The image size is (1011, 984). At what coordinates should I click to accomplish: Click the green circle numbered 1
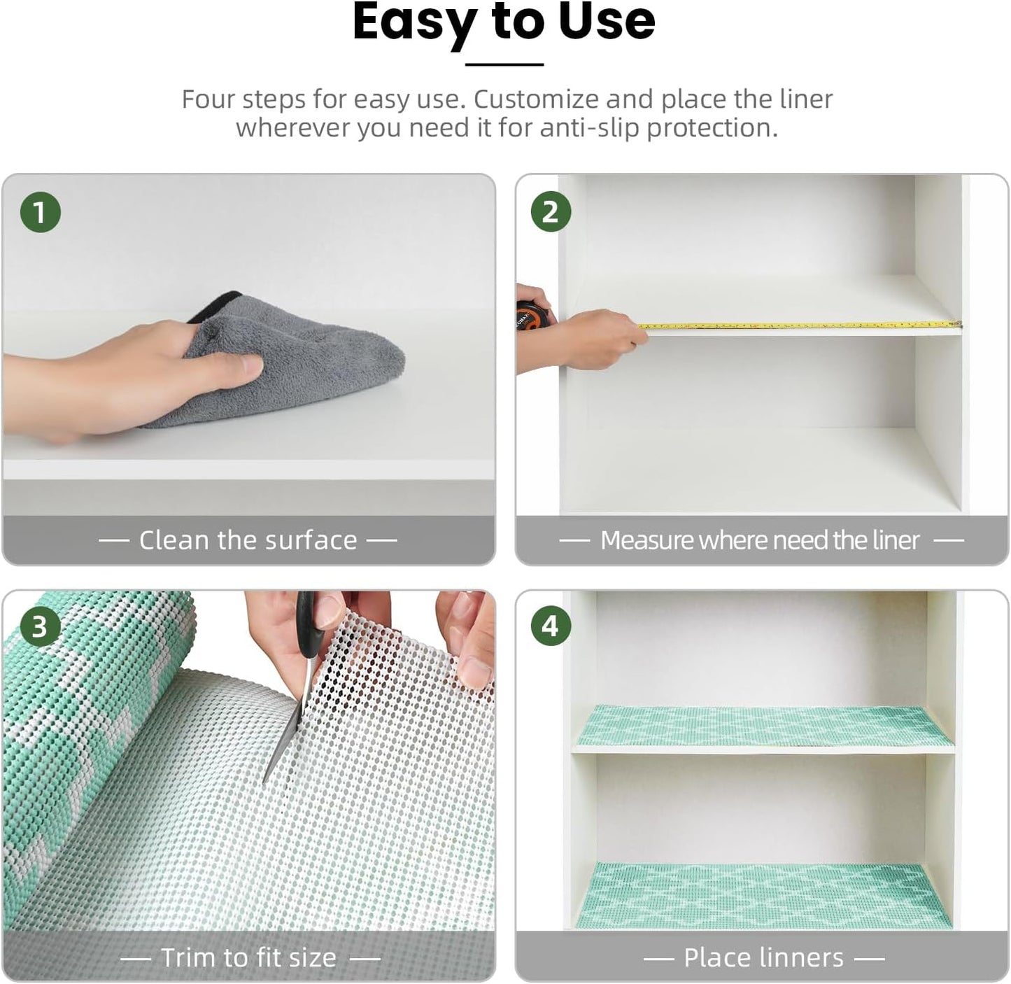[40, 213]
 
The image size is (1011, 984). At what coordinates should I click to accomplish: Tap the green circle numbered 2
[551, 213]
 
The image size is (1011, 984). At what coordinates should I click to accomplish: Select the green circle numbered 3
[40, 626]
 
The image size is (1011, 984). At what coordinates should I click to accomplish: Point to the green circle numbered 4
[551, 626]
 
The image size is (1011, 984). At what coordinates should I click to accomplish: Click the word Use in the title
[606, 22]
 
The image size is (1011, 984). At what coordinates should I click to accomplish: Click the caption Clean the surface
[248, 540]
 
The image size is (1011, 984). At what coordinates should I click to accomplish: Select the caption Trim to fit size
[248, 957]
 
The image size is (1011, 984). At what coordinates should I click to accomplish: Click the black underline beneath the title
[504, 64]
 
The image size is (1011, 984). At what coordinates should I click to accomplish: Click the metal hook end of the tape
[958, 325]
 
